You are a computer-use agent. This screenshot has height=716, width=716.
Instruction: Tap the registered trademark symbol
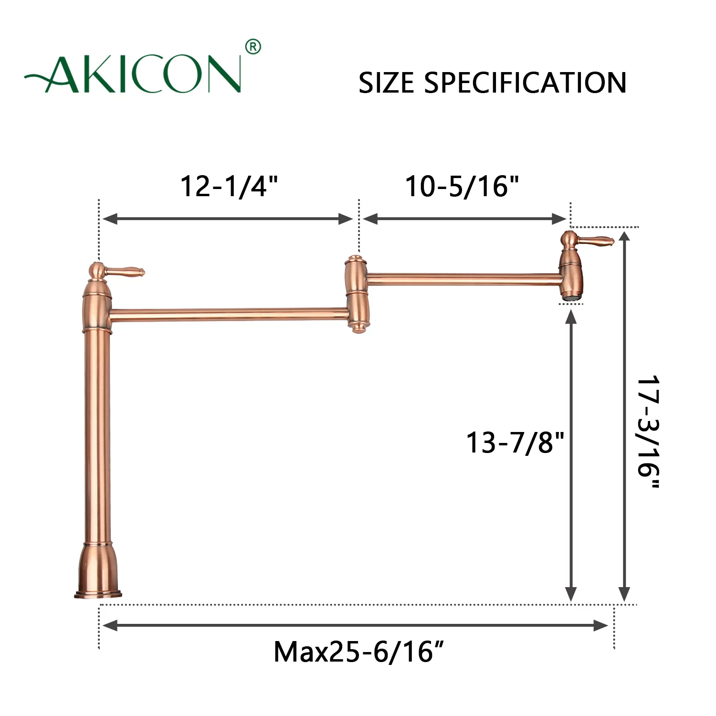point(253,47)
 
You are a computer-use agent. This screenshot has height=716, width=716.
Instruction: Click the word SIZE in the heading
point(387,83)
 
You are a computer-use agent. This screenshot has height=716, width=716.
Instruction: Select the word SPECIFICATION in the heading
point(525,83)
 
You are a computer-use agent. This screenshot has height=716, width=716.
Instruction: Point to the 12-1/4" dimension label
point(229,186)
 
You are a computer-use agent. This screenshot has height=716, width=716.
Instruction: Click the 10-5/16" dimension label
point(462,186)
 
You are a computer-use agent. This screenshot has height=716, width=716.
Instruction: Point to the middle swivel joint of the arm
point(356,294)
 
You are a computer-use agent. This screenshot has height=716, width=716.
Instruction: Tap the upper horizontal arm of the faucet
point(463,279)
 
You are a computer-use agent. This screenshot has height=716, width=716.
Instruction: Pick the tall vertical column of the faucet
point(97,430)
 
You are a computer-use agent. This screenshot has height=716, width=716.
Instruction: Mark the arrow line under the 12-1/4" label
point(228,219)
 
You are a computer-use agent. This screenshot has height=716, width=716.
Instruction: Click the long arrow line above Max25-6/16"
point(356,625)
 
